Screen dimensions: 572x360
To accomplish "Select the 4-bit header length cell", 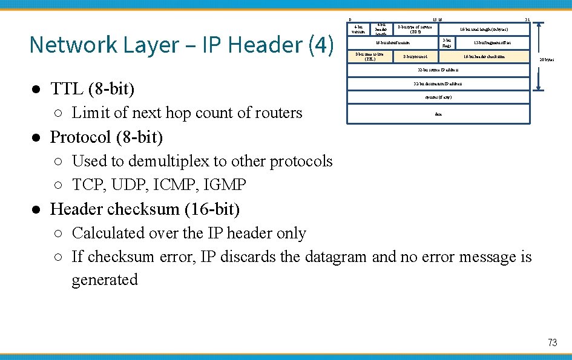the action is tap(381, 30).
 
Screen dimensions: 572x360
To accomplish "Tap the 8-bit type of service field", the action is tap(415, 29).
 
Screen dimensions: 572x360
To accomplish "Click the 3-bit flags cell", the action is tap(447, 44).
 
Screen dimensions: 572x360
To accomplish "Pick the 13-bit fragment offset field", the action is tap(492, 44).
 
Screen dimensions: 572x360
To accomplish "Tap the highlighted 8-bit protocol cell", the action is tap(415, 57).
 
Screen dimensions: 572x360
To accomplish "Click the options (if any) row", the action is tap(438, 97).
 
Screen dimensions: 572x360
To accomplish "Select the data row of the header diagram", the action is tap(438, 113).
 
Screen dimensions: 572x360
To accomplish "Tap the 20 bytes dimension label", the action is tap(547, 60).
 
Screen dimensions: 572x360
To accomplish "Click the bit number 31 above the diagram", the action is tap(527, 19).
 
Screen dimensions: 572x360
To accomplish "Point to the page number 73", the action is tap(552, 342).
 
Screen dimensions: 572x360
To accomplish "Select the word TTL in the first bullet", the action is tap(67, 90).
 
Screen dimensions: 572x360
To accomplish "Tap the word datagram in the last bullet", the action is tap(336, 257).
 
